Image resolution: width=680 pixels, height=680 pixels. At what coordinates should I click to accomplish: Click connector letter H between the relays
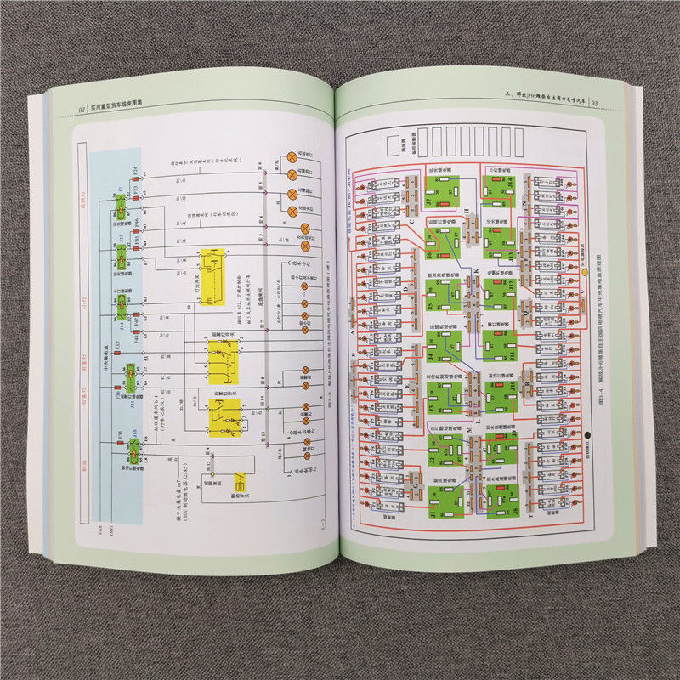[470, 210]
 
